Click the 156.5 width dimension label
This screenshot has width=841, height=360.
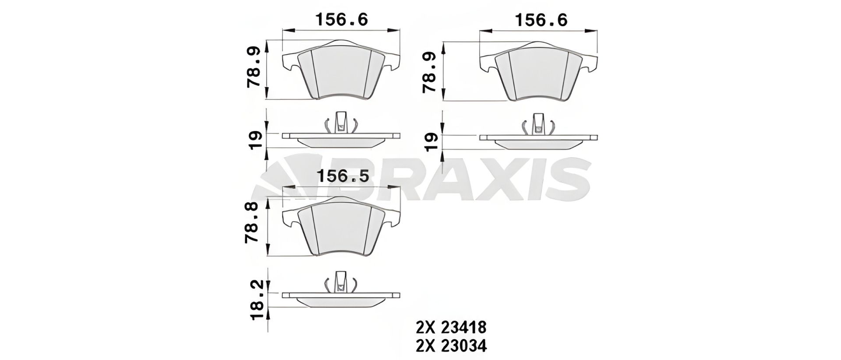coord(343,176)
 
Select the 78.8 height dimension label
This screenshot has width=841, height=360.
coord(254,226)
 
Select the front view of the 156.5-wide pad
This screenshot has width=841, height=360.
coord(342,226)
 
